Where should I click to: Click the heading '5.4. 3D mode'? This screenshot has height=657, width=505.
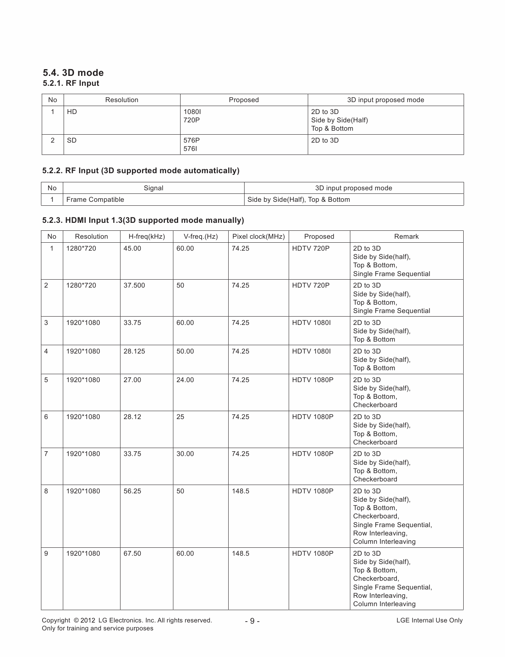(x=73, y=73)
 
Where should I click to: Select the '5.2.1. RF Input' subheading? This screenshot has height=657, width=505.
(x=71, y=83)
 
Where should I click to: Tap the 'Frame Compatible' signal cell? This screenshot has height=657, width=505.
(x=95, y=199)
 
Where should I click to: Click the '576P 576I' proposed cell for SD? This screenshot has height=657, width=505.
(x=192, y=145)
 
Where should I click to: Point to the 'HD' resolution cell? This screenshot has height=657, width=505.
(x=72, y=112)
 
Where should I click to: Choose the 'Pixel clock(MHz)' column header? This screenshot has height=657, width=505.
(x=258, y=236)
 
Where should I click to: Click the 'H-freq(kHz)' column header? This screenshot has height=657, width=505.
(x=146, y=236)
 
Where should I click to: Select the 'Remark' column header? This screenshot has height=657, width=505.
(x=406, y=236)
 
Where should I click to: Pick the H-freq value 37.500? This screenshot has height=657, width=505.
(x=134, y=285)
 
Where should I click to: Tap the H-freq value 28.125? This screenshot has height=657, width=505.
(x=134, y=351)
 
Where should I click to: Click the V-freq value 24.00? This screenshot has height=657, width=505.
(x=185, y=380)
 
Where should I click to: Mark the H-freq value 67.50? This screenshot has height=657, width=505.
(x=132, y=553)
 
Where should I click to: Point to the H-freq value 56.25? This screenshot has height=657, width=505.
(x=132, y=491)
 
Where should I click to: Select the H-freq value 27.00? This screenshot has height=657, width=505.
(x=132, y=380)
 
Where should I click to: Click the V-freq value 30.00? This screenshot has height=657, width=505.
(x=185, y=454)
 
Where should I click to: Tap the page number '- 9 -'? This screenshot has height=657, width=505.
(x=252, y=621)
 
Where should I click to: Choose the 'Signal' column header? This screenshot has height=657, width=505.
(x=153, y=188)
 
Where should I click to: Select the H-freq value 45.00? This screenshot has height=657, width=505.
(x=132, y=248)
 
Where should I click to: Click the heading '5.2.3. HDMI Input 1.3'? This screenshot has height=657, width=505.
(x=143, y=220)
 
